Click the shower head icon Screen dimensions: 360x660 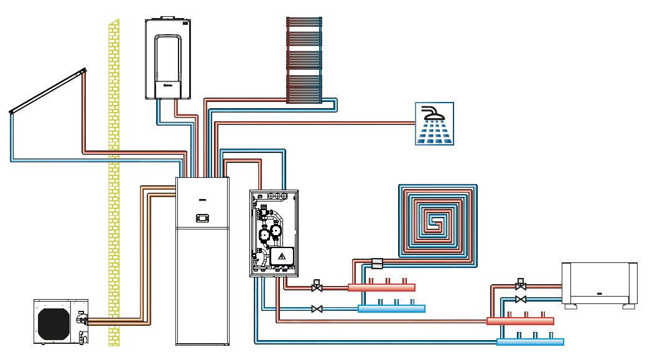(434, 124)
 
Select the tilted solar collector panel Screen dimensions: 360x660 (47, 93)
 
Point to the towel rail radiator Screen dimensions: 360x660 (304, 59)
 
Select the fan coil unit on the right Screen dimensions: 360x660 (599, 283)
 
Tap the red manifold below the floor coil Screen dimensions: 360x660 (381, 287)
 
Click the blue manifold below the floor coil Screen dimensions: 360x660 (391, 308)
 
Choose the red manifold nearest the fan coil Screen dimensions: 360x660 (520, 321)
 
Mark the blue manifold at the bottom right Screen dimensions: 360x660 (530, 342)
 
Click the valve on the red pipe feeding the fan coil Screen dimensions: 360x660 (521, 286)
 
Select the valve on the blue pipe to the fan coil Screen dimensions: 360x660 (521, 300)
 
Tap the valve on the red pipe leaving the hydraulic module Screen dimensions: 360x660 (317, 287)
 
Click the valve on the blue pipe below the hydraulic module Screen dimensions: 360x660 (317, 308)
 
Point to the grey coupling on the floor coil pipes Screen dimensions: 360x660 (376, 263)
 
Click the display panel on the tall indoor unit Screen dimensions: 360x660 (202, 218)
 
